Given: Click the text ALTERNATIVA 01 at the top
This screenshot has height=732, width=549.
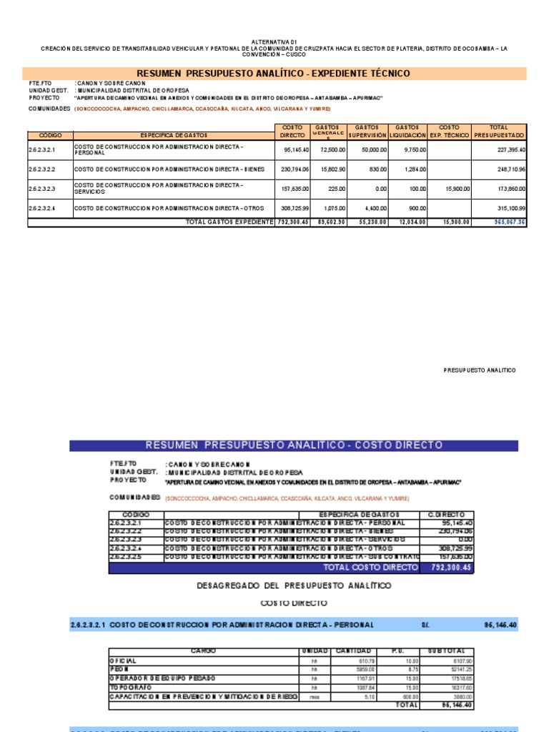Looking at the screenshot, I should click(x=274, y=42).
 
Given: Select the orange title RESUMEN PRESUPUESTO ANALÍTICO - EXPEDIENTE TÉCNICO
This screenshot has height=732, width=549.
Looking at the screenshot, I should click(x=274, y=74).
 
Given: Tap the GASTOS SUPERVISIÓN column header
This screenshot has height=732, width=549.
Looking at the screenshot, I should click(x=368, y=131).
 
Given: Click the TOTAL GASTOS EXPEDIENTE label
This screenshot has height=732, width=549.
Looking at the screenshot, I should click(x=229, y=222).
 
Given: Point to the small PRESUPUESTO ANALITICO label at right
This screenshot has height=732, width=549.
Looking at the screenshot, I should click(x=480, y=370).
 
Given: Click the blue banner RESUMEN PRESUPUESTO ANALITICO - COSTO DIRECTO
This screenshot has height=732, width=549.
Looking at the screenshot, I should click(x=294, y=445).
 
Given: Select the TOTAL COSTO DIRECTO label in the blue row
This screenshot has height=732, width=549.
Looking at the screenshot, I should click(x=370, y=568).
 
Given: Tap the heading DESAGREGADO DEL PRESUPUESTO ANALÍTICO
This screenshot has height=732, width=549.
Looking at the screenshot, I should click(x=294, y=585).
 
